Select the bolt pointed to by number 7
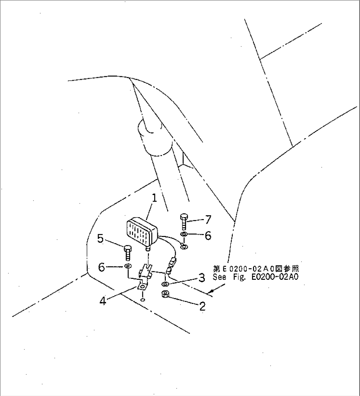click(x=184, y=222)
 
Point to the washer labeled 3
click(x=165, y=284)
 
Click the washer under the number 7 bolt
click(x=184, y=234)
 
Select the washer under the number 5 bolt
click(x=127, y=266)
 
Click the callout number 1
click(x=154, y=198)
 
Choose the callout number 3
click(x=201, y=278)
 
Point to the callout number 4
click(x=103, y=301)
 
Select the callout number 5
click(x=100, y=239)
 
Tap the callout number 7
click(x=208, y=219)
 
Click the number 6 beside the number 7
click(x=208, y=236)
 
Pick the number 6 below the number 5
click(x=101, y=268)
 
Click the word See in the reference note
click(x=219, y=277)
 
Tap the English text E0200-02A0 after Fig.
click(x=275, y=277)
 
